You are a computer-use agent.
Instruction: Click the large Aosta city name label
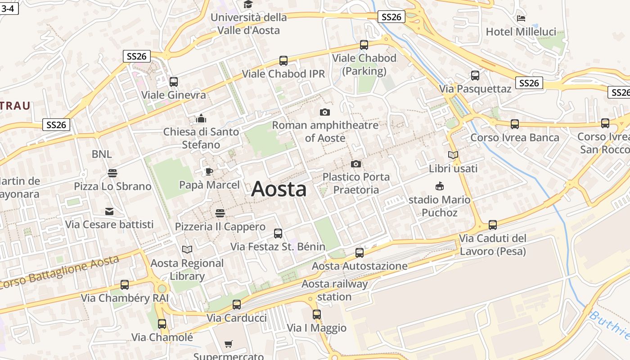click(x=279, y=189)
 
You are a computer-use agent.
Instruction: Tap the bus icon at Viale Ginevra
click(x=174, y=82)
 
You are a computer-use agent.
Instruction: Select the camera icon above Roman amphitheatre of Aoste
click(x=324, y=112)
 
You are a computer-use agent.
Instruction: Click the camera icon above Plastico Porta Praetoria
click(x=356, y=164)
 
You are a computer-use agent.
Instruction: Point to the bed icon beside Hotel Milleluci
click(x=521, y=18)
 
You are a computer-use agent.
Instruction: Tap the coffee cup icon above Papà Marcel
click(x=209, y=171)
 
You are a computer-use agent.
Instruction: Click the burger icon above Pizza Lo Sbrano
click(x=112, y=173)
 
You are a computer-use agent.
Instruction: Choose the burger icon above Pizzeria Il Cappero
click(x=220, y=213)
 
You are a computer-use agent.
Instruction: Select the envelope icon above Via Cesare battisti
click(x=109, y=211)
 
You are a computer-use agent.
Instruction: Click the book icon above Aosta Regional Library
click(x=187, y=249)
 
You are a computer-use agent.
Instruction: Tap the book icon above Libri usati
click(x=453, y=155)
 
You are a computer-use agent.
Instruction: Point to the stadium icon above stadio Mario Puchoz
click(x=440, y=186)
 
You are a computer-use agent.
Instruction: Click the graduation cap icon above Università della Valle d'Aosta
click(x=248, y=4)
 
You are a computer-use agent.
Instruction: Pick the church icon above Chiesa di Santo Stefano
click(x=201, y=118)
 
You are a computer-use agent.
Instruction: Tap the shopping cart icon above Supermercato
click(x=229, y=344)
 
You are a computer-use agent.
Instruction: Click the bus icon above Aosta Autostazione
click(x=359, y=252)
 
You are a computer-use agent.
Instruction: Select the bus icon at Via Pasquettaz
click(x=475, y=76)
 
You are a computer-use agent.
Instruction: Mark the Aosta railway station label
click(x=334, y=290)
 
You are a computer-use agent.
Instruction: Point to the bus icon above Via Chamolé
click(x=162, y=324)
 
